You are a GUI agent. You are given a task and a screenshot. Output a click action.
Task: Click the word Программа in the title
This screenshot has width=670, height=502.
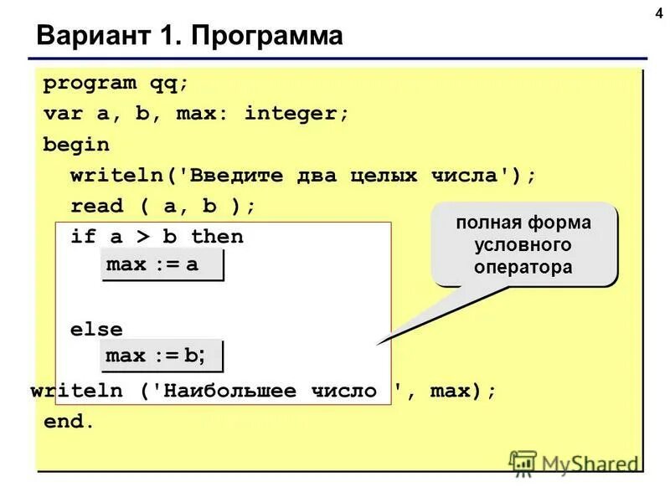click(x=267, y=37)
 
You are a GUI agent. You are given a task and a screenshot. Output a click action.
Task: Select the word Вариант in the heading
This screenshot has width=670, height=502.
click(x=85, y=37)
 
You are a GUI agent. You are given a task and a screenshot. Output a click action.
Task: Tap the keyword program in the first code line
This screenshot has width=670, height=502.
click(x=90, y=84)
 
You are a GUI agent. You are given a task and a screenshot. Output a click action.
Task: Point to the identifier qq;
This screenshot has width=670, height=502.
click(x=169, y=84)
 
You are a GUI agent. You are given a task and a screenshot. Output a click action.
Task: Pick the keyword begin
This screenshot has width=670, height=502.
click(x=76, y=144)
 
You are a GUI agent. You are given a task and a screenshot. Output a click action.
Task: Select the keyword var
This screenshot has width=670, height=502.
click(x=63, y=114)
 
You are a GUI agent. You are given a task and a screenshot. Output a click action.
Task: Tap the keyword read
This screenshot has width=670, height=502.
click(x=96, y=206)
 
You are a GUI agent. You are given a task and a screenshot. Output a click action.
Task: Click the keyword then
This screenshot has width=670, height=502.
click(x=217, y=236)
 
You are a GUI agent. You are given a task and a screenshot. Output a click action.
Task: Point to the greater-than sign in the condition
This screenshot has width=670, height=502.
click(x=142, y=236)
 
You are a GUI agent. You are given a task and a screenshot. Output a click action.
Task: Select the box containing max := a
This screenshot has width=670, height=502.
click(x=163, y=265)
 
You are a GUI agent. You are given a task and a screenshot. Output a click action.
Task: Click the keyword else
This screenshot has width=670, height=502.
click(x=96, y=330)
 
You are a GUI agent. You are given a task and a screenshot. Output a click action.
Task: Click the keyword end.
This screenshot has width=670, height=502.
click(x=69, y=422)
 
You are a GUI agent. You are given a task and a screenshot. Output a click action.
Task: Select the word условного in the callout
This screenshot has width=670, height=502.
click(x=523, y=246)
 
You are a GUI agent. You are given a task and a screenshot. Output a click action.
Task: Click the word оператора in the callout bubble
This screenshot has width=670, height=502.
click(x=523, y=268)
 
